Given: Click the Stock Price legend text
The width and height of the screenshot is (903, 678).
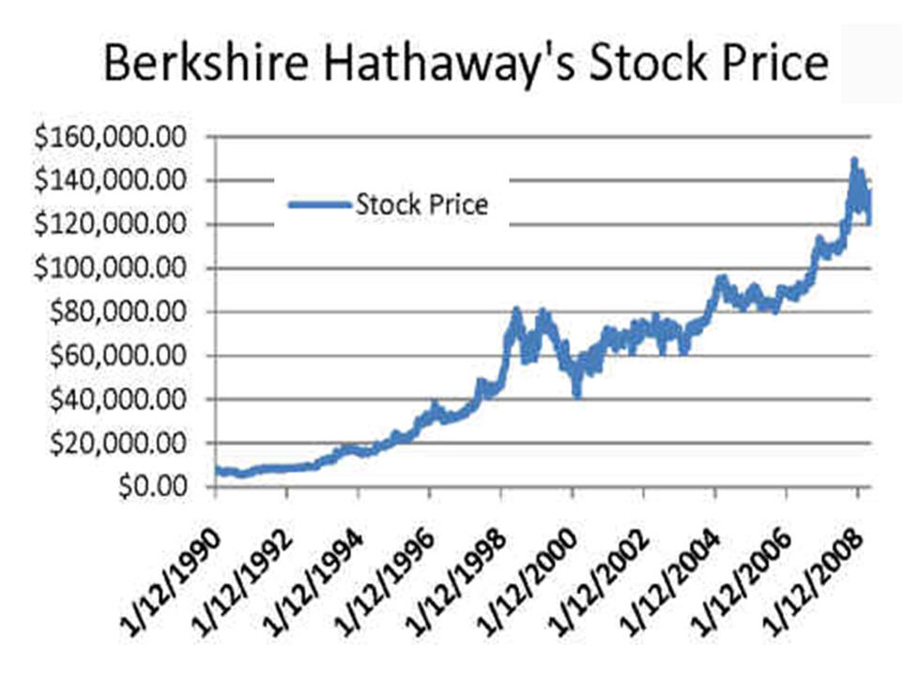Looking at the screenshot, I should click(421, 204).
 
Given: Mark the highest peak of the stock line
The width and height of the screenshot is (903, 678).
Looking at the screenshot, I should click(854, 162).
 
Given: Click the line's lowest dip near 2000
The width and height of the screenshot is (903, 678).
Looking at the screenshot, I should click(577, 395).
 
